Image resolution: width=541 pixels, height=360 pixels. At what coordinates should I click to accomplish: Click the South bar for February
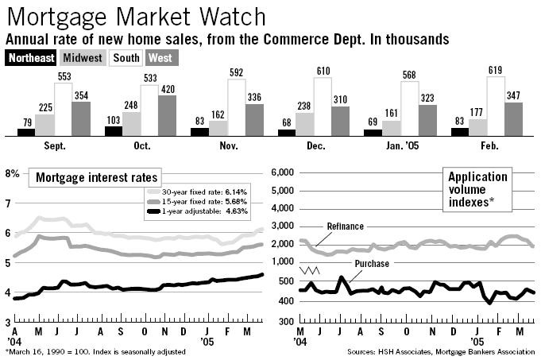click(495, 105)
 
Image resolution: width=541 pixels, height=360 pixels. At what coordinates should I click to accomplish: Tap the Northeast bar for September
click(26, 131)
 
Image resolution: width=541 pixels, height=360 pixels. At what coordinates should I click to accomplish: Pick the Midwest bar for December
click(304, 123)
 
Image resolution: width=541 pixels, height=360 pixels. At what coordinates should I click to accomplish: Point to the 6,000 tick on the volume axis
click(284, 172)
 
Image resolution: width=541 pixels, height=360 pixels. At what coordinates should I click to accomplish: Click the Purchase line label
click(371, 263)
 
